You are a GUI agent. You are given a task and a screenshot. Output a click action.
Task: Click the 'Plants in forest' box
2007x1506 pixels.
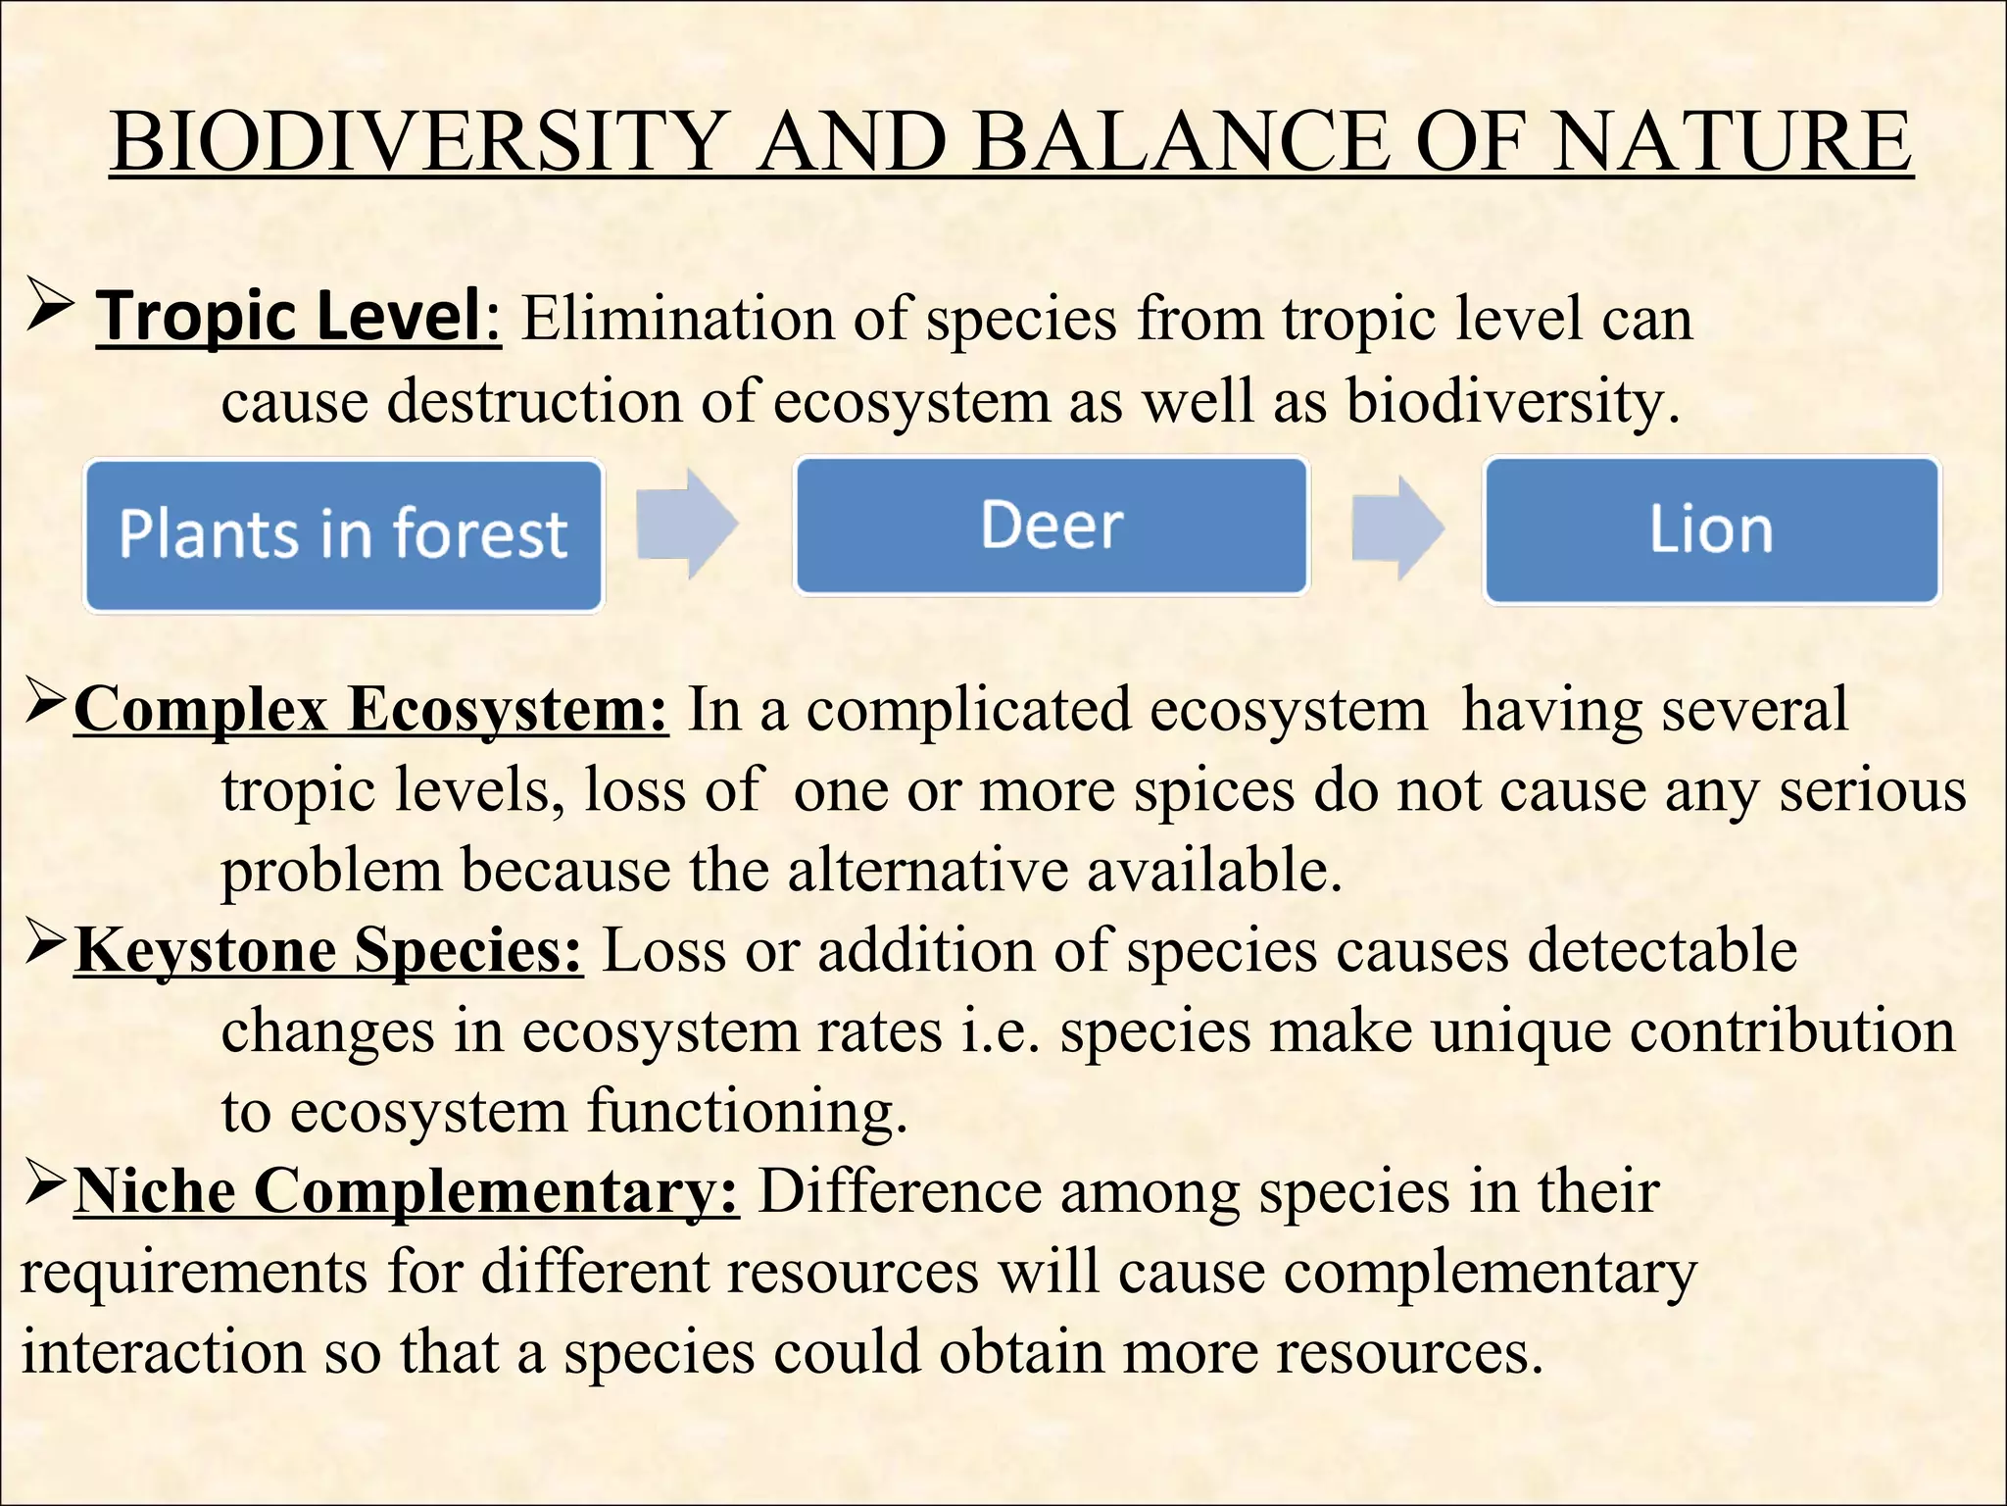click(x=343, y=535)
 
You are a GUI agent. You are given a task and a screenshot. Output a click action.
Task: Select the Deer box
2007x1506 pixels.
click(x=1052, y=526)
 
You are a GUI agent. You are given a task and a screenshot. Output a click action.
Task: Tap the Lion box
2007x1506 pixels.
click(x=1711, y=530)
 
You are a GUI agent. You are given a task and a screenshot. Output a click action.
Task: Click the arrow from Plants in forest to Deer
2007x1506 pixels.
click(x=687, y=524)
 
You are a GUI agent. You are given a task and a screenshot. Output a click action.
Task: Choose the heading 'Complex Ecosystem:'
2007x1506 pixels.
click(x=371, y=709)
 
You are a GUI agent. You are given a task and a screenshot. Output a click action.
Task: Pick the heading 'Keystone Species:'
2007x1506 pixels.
click(x=329, y=950)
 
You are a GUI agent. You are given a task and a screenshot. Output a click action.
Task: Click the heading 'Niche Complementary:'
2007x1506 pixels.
click(x=407, y=1191)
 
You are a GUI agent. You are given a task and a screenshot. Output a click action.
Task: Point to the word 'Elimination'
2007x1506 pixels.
click(x=677, y=319)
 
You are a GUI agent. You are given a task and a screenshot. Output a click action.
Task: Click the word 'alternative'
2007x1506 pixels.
click(x=927, y=871)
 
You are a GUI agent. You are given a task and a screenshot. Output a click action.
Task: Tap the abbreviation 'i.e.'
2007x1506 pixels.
click(x=1000, y=1031)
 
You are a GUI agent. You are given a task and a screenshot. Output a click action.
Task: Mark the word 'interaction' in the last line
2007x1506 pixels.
click(x=163, y=1352)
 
